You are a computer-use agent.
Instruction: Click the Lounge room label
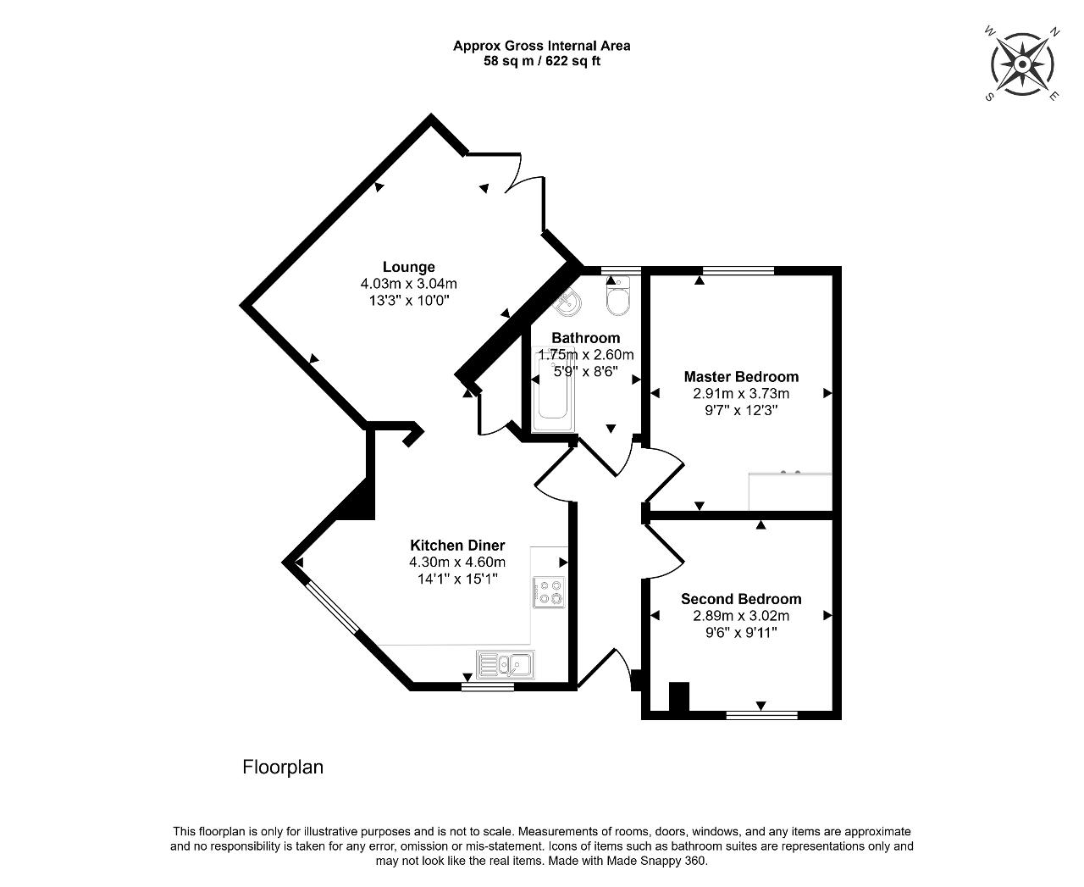tap(409, 267)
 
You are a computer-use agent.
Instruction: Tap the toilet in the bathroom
tap(617, 297)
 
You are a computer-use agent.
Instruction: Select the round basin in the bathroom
tap(567, 302)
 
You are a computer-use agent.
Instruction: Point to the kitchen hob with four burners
tap(549, 592)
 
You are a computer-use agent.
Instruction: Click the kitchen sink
tap(506, 664)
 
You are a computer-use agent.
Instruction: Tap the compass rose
tap(1022, 64)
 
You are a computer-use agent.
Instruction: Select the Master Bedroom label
tap(741, 377)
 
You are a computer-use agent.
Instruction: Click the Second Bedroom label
tap(741, 599)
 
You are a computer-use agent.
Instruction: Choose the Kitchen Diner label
tap(457, 545)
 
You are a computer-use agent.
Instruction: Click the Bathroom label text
tap(585, 338)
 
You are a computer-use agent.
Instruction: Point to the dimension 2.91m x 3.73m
tap(741, 394)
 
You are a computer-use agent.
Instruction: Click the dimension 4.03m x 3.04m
tap(409, 283)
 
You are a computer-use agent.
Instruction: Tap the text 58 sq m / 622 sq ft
tap(542, 61)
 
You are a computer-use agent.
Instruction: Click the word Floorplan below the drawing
tap(283, 767)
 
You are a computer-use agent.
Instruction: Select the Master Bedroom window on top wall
tap(738, 270)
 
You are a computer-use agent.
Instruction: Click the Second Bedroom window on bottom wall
tap(761, 715)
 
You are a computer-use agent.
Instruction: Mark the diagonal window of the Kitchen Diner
tap(333, 607)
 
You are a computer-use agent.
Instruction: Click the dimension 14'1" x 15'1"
tap(457, 579)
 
